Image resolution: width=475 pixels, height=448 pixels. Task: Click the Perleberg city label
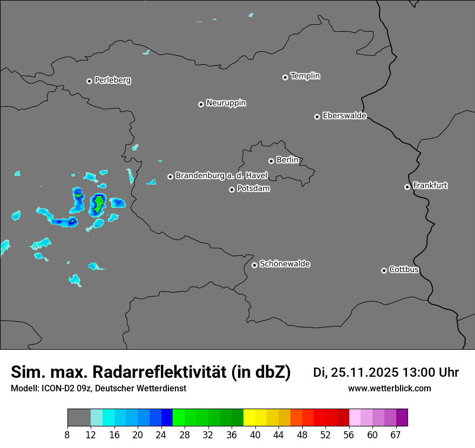click(x=112, y=80)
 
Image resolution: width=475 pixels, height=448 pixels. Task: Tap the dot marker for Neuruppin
click(x=201, y=104)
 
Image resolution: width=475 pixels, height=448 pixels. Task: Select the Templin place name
click(x=305, y=76)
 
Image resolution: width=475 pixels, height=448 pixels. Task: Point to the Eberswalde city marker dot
click(x=317, y=117)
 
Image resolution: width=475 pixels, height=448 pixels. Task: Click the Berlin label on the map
click(x=287, y=160)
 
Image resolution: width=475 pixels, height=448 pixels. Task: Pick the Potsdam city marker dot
click(x=232, y=189)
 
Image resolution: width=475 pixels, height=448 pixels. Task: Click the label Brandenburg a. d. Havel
click(x=221, y=176)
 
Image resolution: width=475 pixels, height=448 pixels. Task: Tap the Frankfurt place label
click(x=430, y=186)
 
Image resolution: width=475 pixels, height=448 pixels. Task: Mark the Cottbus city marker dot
click(x=384, y=270)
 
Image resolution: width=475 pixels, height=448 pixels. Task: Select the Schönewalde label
click(x=284, y=264)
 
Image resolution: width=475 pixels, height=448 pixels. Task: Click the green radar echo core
click(x=99, y=203)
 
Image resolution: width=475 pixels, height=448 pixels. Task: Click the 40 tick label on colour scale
click(x=255, y=435)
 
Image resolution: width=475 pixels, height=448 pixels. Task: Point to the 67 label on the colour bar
click(x=396, y=435)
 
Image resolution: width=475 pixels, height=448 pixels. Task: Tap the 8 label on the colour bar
click(x=67, y=435)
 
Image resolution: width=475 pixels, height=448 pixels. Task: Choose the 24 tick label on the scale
click(x=161, y=435)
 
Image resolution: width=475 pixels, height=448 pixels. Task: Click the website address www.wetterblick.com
click(x=389, y=388)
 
